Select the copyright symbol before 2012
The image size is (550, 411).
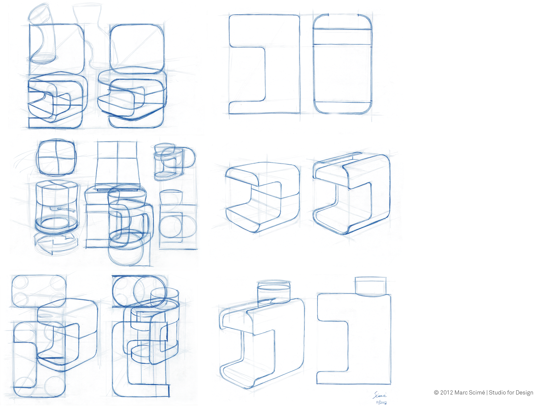click(436, 393)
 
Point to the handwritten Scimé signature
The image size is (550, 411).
click(380, 395)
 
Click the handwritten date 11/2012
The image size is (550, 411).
click(381, 402)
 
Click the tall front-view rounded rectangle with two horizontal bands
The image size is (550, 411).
click(343, 64)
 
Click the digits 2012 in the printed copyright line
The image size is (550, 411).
click(447, 393)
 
